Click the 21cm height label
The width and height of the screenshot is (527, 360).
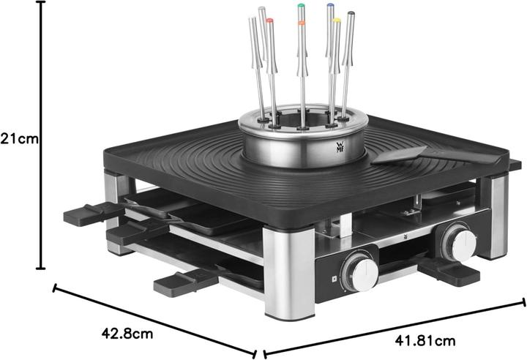tap(18, 137)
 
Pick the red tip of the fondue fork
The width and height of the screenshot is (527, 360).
tap(270, 22)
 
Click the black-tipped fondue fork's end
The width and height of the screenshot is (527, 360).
tap(351, 14)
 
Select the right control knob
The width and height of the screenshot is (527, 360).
tap(459, 244)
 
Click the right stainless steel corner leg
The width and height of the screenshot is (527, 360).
tap(493, 216)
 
